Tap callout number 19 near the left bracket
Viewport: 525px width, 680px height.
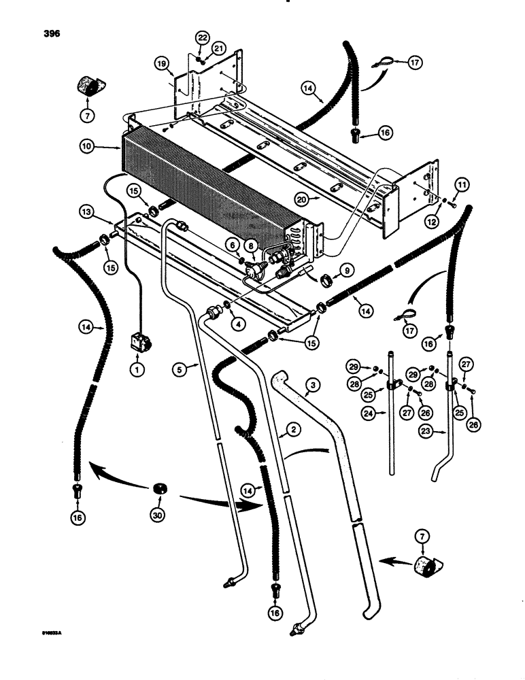tap(160, 63)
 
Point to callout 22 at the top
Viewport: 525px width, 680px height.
tap(202, 37)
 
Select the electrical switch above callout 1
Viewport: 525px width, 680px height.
tap(139, 341)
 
